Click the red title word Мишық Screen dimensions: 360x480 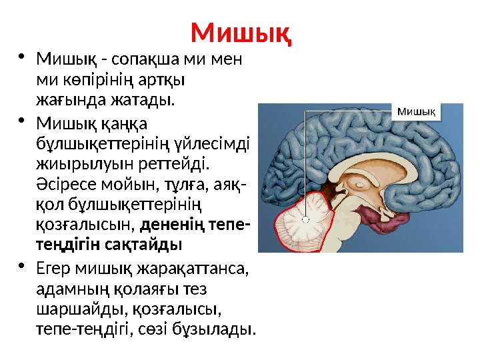(x=241, y=32)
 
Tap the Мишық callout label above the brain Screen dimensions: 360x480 (x=417, y=112)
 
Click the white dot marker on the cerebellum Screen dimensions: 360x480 (x=305, y=218)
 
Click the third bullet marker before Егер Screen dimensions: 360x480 (x=22, y=266)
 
